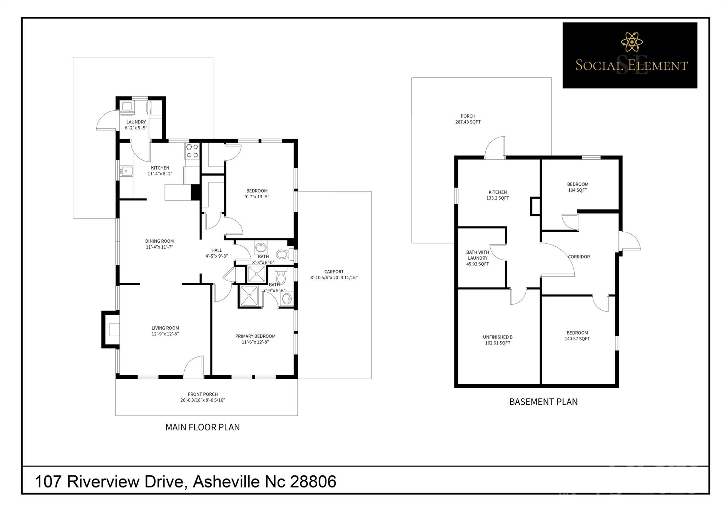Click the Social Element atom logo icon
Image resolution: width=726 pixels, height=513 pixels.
[x=632, y=42]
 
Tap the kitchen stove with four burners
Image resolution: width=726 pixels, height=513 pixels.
[x=192, y=151]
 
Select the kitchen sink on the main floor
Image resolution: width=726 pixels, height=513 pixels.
[x=126, y=171]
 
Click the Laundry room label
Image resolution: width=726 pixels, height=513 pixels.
[x=136, y=125]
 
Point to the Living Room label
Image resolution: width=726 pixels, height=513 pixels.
[x=165, y=331]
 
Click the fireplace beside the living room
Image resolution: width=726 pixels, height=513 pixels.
[x=111, y=330]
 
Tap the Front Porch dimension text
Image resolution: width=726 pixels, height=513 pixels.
[x=203, y=400]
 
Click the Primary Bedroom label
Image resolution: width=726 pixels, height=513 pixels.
[x=255, y=339]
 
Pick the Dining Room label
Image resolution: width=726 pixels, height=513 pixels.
[x=160, y=244]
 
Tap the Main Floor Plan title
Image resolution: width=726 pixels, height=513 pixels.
[x=203, y=427]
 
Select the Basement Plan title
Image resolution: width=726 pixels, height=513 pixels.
[x=543, y=402]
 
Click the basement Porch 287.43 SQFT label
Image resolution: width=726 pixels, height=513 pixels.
[x=468, y=119]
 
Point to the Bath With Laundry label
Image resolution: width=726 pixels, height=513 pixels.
[x=478, y=258]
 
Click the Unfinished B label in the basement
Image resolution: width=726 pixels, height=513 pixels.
[x=498, y=340]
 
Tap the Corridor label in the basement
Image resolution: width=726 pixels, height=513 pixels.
[x=579, y=257]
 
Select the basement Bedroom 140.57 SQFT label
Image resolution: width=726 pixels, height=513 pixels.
[x=577, y=336]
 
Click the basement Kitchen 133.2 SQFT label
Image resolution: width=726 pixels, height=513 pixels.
[x=498, y=195]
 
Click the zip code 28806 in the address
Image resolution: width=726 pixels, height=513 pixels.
[x=313, y=482]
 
